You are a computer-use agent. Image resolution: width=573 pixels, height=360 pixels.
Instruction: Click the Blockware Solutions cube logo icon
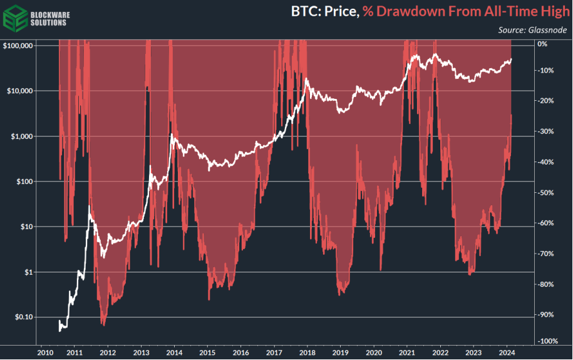pyautogui.click(x=13, y=16)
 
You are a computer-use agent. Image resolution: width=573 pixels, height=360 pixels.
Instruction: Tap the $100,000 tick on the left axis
pyautogui.click(x=18, y=46)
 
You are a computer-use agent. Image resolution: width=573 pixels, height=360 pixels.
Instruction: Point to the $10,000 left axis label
pyautogui.click(x=20, y=91)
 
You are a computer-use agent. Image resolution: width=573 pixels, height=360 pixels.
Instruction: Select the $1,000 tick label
pyautogui.click(x=22, y=136)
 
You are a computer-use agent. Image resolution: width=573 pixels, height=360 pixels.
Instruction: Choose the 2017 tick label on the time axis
pyautogui.click(x=274, y=352)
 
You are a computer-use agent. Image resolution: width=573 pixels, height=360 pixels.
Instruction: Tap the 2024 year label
pyautogui.click(x=507, y=352)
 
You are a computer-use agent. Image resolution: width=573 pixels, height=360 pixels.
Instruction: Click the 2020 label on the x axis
pyautogui.click(x=374, y=352)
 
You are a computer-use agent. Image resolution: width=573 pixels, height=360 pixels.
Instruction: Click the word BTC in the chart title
pyautogui.click(x=304, y=11)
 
